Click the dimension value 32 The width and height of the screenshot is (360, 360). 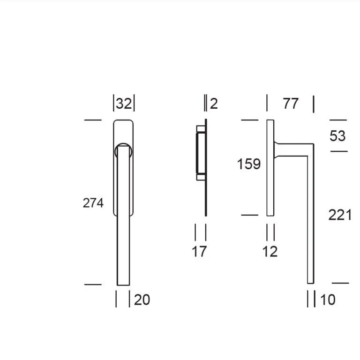(124, 104)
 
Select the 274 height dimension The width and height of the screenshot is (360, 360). (93, 203)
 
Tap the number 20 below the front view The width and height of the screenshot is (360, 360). (142, 300)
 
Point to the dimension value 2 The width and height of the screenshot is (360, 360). (214, 104)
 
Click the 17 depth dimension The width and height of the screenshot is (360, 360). (199, 251)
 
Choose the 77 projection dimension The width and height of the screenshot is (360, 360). (291, 104)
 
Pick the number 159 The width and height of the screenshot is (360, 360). (249, 164)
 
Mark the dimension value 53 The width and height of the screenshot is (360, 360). (337, 135)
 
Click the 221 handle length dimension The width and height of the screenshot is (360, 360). (340, 215)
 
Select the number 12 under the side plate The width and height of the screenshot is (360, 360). (270, 251)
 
